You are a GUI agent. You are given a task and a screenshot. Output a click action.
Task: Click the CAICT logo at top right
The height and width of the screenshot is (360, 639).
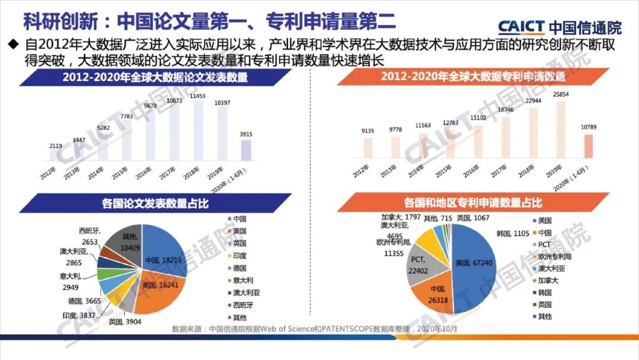pos(559,27)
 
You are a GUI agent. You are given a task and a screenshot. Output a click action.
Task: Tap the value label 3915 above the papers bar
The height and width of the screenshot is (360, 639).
pos(246,134)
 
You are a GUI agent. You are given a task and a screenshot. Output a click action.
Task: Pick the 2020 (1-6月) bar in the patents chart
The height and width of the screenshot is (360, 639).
pos(588,147)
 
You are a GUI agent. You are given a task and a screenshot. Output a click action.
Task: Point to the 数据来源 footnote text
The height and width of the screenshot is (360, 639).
pos(314,329)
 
